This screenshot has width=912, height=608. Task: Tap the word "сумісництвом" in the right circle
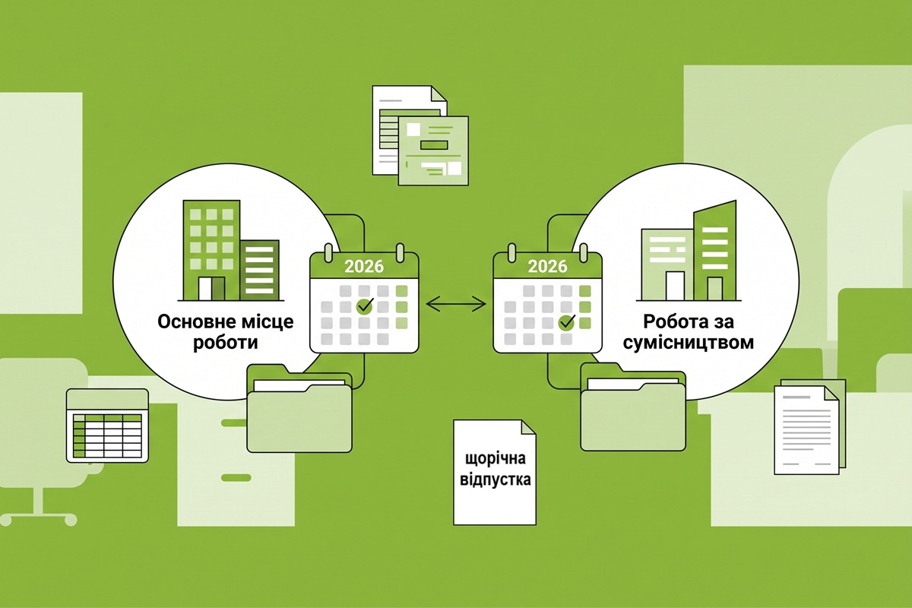(688, 343)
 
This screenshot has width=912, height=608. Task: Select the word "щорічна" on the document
(495, 459)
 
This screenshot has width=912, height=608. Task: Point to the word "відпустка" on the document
(495, 480)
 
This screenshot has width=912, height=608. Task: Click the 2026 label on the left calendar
(364, 266)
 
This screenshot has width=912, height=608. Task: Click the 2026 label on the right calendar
(547, 266)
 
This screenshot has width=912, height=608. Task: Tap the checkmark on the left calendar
(365, 306)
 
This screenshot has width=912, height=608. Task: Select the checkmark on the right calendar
(567, 321)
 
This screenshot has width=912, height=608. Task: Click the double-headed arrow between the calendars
(455, 304)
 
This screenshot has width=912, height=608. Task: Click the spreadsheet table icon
(107, 426)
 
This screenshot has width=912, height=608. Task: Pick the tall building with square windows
(211, 251)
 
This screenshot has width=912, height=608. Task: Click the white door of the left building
(205, 289)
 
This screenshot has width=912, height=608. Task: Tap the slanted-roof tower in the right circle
(715, 251)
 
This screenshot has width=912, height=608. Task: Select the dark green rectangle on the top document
(434, 145)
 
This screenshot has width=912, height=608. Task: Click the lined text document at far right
(806, 430)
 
